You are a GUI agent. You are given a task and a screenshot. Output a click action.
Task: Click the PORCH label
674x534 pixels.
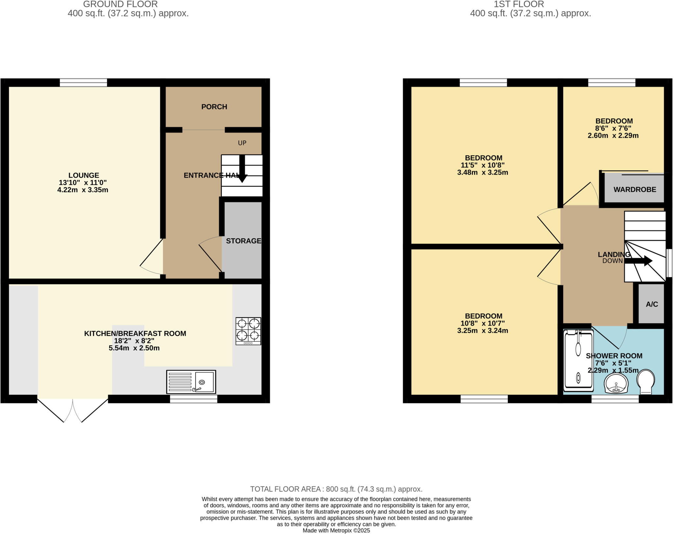214,107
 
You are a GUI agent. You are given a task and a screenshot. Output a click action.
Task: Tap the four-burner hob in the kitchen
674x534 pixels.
248,331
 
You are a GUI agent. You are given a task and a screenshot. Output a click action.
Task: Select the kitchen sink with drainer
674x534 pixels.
191,382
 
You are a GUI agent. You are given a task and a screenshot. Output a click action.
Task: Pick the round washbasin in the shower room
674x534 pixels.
616,383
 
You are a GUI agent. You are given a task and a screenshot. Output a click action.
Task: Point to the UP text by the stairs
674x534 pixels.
242,143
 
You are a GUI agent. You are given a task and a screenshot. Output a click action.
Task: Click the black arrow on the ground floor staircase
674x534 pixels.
242,169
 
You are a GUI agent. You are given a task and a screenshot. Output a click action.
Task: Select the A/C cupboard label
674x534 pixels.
652,304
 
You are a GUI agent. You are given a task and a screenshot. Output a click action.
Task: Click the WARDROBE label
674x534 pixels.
635,189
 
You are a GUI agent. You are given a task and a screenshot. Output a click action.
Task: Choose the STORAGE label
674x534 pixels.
244,241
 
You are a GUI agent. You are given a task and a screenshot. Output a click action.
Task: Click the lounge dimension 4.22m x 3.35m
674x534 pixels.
83,190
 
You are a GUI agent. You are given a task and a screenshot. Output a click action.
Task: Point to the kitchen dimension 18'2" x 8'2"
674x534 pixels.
134,341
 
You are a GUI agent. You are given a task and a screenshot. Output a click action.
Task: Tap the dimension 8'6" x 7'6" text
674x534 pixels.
613,128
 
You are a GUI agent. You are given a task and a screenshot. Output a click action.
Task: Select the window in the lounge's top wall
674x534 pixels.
83,82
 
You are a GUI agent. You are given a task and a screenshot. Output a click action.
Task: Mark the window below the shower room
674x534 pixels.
615,399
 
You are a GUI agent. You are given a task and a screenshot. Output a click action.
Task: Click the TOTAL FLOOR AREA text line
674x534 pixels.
336,489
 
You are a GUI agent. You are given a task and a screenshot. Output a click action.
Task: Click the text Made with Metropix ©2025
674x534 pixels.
336,530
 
